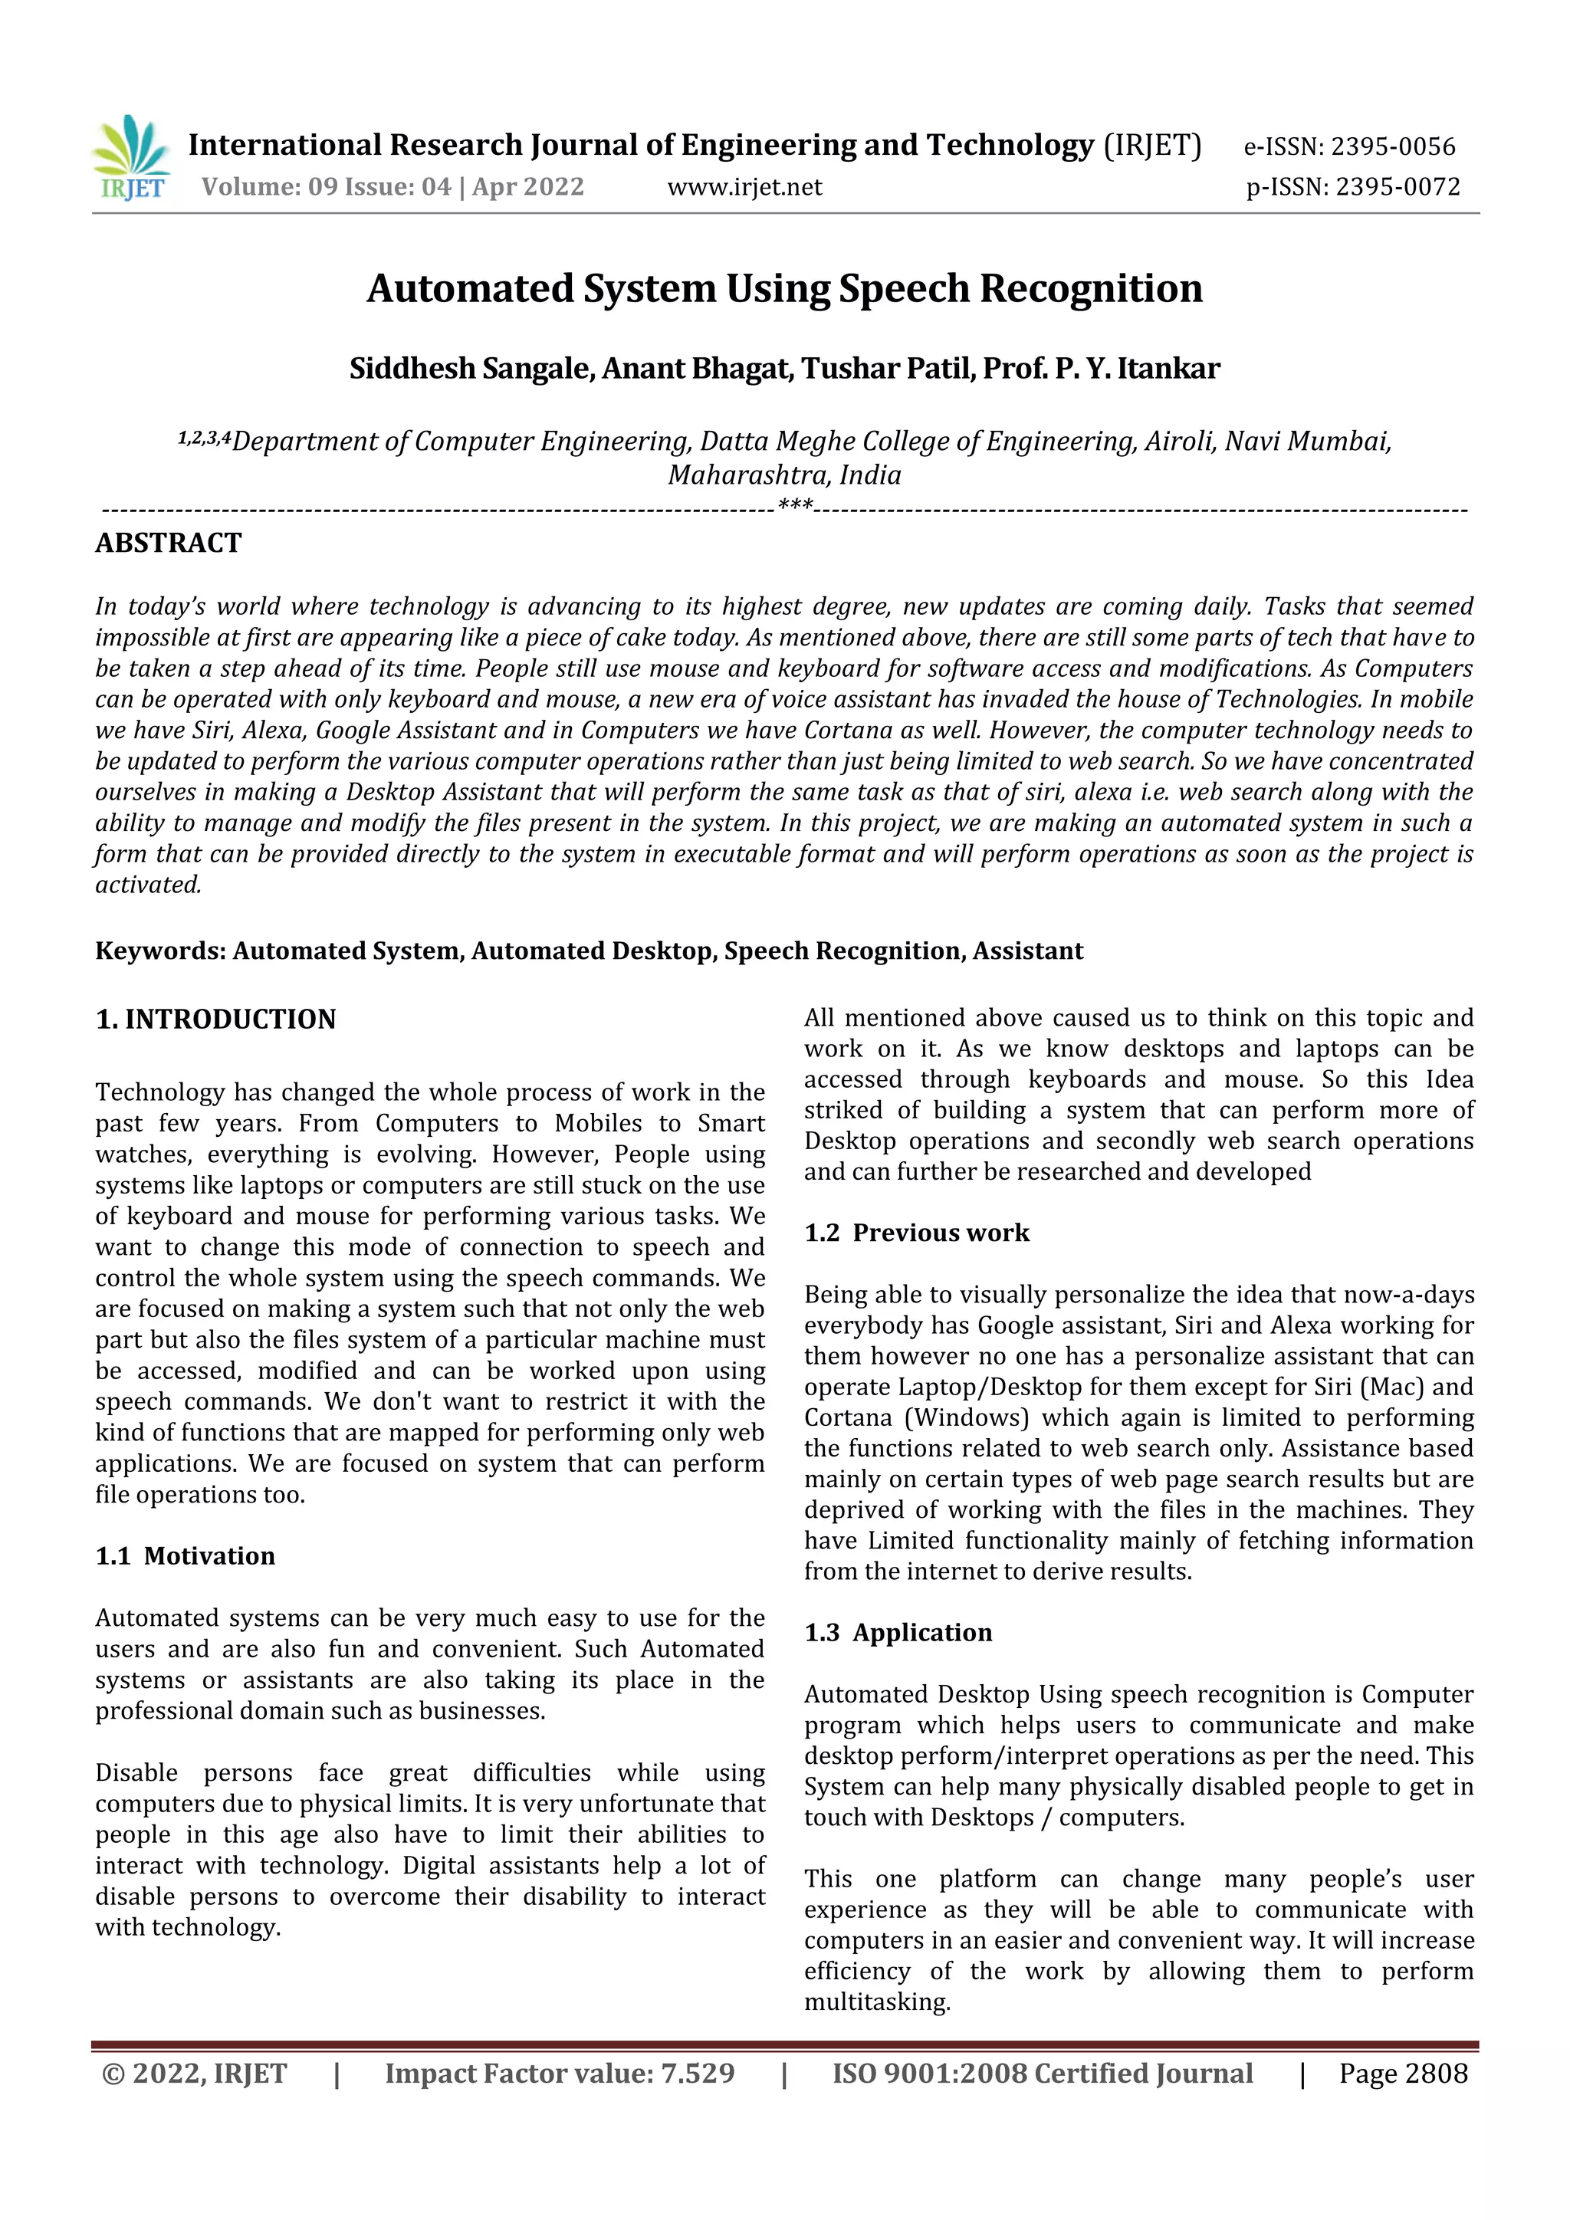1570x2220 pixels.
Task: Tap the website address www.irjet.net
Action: (744, 186)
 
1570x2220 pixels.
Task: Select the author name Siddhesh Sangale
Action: (471, 369)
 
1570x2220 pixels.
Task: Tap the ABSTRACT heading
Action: (168, 544)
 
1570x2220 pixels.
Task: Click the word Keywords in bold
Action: (160, 951)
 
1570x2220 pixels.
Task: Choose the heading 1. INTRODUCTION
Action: (215, 1019)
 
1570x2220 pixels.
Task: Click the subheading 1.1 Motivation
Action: (185, 1555)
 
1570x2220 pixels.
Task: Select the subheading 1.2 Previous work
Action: (917, 1233)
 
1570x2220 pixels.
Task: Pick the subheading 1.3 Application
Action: (898, 1632)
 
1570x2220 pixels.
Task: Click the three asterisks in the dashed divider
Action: (795, 506)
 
